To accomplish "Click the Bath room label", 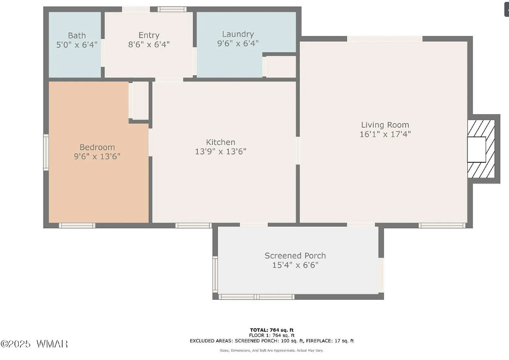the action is coord(77,36).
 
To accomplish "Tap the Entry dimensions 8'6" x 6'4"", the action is coord(149,44).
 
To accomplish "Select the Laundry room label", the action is coord(238,34).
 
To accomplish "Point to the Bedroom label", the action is coord(97,147).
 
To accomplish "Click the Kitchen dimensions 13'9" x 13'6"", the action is coord(221,151).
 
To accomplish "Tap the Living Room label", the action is coord(385,125).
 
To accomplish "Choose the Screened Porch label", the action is coord(295,256).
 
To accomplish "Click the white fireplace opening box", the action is coord(477,150).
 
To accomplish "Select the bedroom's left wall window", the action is coord(46,152).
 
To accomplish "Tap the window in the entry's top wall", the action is coord(172,9).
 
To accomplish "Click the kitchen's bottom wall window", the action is coord(194,225).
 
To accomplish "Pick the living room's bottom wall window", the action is coord(442,225).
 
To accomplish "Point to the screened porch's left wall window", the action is coord(215,274).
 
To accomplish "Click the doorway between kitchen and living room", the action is coord(298,151).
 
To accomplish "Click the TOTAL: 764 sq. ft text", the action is coord(272,330).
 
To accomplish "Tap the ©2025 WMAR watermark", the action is coord(34,344).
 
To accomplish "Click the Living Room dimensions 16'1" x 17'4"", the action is coord(385,134).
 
